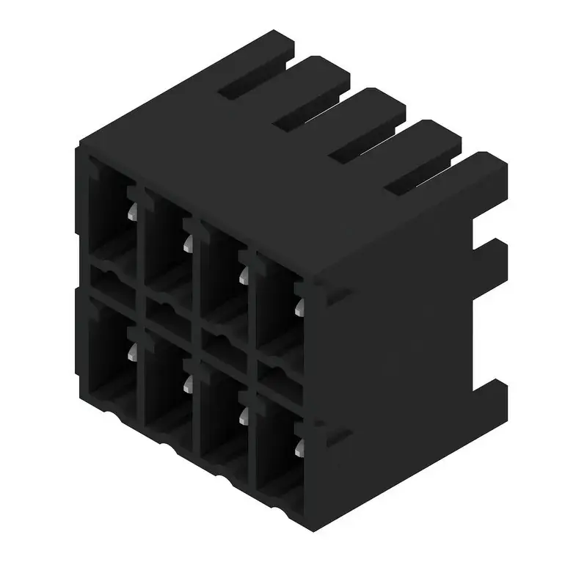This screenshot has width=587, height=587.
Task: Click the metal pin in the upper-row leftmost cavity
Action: [x=131, y=212]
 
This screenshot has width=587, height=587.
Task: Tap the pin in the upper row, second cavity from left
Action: [x=188, y=242]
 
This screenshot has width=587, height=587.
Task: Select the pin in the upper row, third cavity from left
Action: [x=243, y=274]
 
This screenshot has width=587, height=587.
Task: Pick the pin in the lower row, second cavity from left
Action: [x=188, y=384]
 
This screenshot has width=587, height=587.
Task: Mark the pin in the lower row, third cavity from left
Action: [x=243, y=415]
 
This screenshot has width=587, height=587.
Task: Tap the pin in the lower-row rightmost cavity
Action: [x=299, y=448]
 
